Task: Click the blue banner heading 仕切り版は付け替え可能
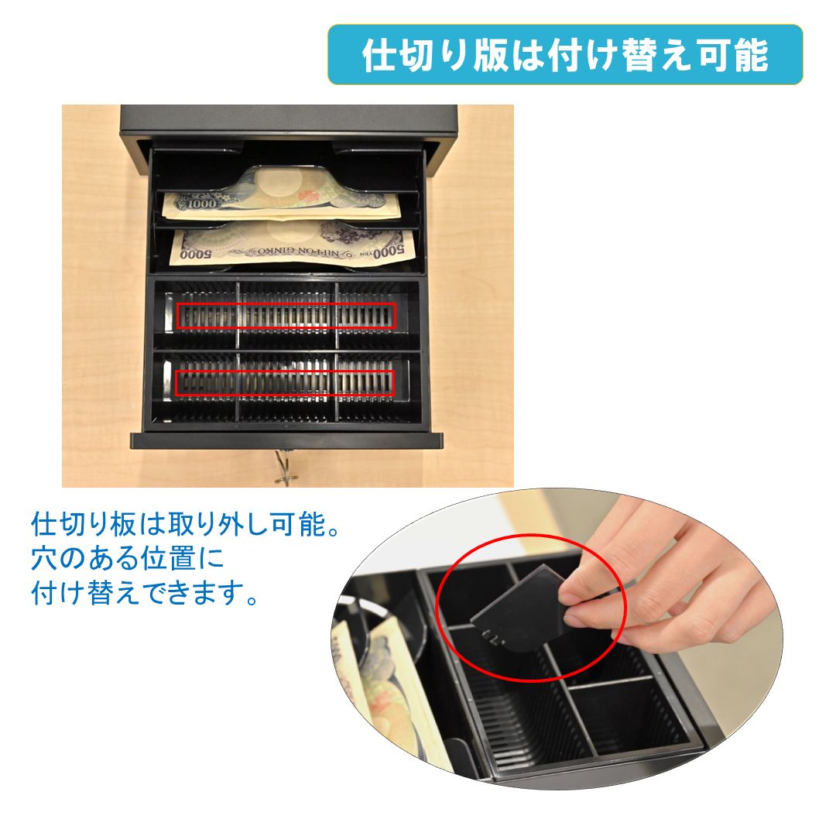coord(565,54)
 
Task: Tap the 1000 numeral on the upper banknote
coord(201,203)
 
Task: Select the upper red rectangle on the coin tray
coord(286,316)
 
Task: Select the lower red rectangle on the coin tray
coord(284,383)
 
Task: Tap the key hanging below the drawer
coord(285,468)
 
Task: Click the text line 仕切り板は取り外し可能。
coord(186,524)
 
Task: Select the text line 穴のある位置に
coord(128,558)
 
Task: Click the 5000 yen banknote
coord(293,245)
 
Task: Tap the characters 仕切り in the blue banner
coord(413,55)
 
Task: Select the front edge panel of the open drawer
coord(286,440)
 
